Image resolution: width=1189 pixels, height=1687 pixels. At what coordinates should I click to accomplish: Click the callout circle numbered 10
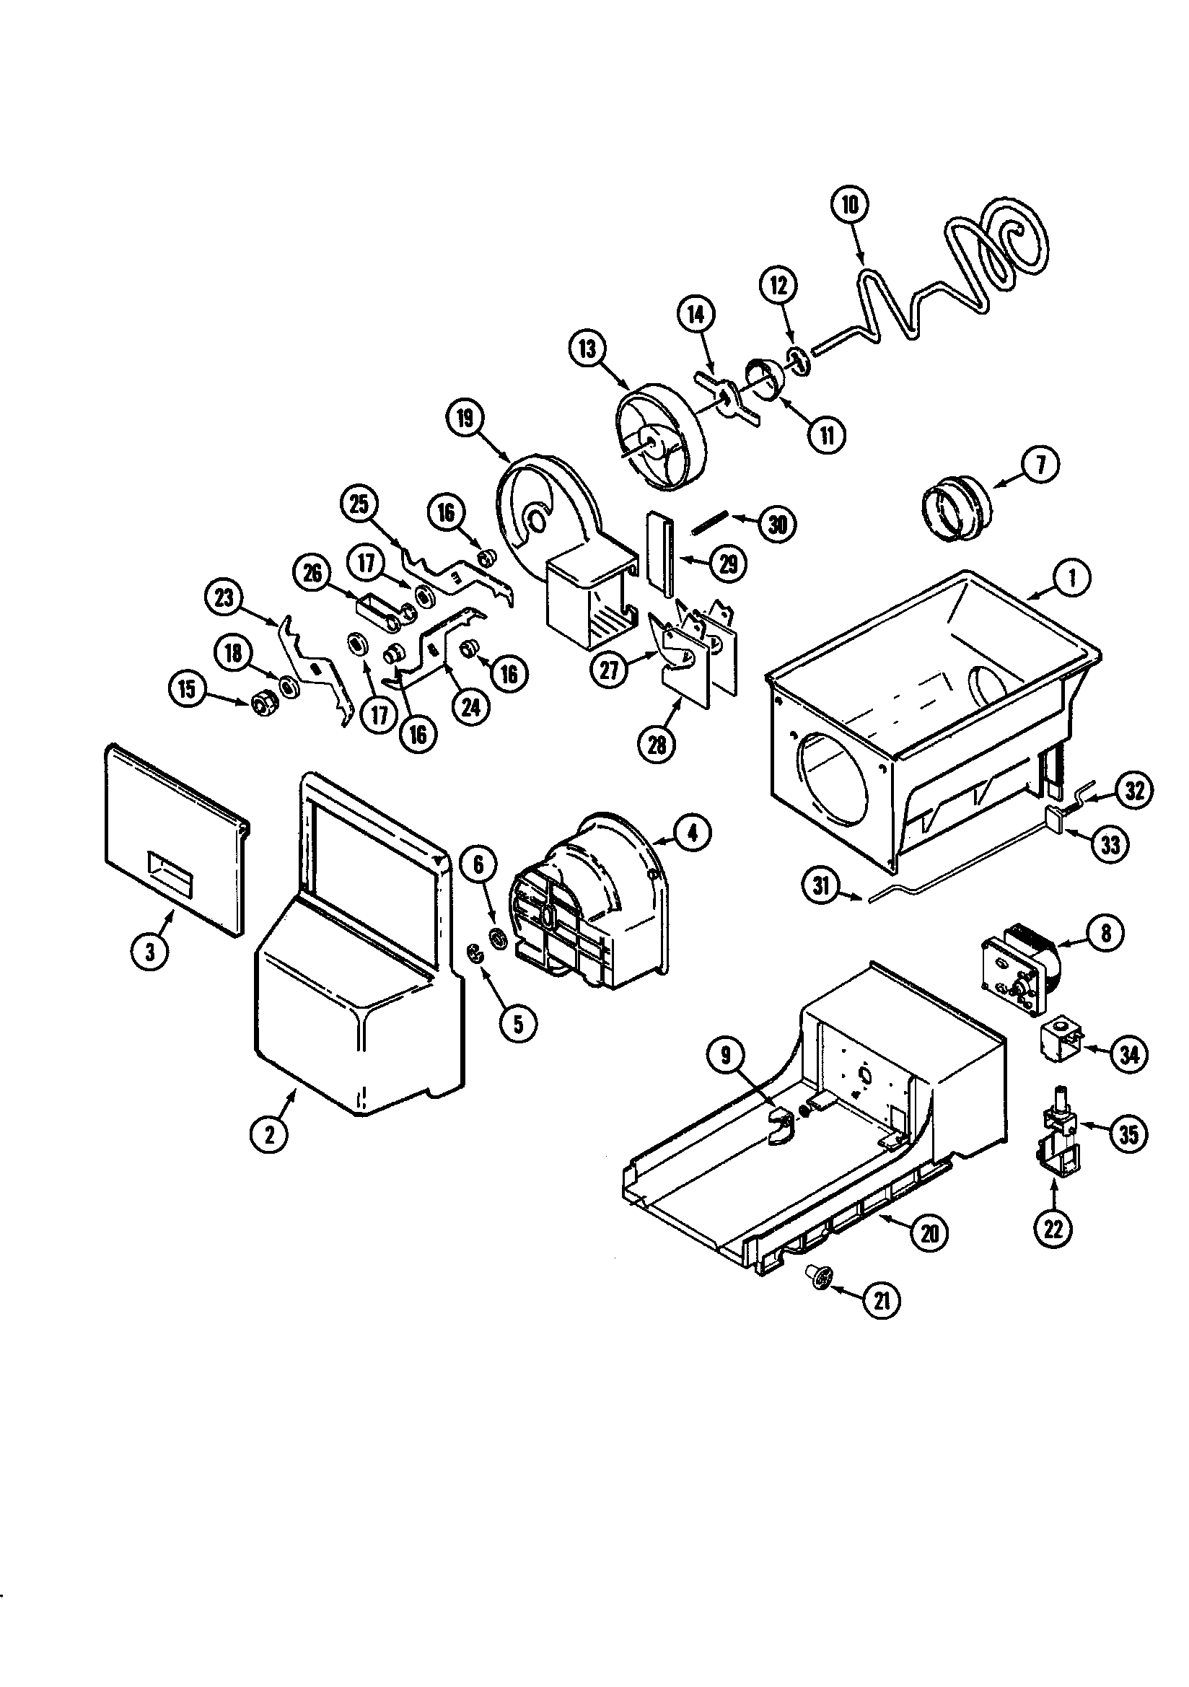tap(849, 205)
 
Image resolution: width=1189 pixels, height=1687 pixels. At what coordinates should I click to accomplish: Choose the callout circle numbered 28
tap(657, 745)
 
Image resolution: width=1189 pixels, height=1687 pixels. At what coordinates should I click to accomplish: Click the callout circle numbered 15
tap(188, 690)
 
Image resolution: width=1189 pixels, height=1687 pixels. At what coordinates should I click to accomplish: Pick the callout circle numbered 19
tap(465, 418)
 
